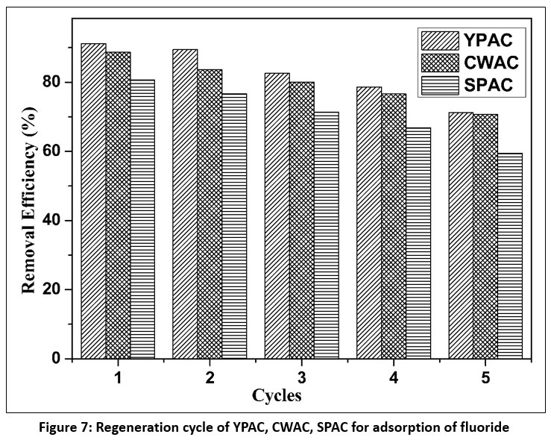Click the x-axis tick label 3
(301, 378)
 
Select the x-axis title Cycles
(277, 395)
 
